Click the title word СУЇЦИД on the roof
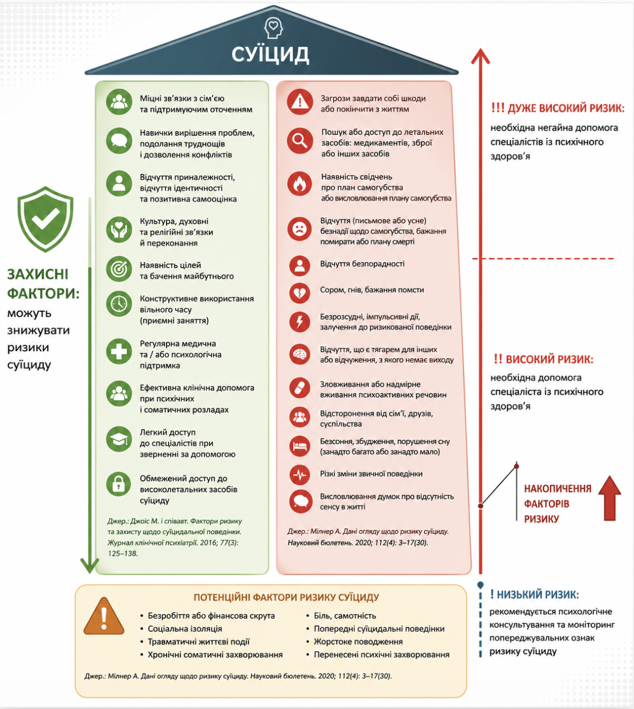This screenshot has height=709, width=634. point(270,54)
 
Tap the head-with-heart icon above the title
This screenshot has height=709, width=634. point(273,28)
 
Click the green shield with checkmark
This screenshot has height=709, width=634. point(45,219)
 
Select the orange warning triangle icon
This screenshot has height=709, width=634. point(104,616)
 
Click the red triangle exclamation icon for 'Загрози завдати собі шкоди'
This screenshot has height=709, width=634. point(300,102)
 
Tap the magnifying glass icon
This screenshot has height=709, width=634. point(300,141)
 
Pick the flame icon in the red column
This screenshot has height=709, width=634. point(300,183)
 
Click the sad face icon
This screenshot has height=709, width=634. point(300,229)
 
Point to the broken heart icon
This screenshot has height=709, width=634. point(300,294)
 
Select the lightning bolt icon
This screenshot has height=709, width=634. point(300,322)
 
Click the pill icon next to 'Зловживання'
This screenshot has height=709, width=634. point(300,388)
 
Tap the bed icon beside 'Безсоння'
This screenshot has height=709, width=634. point(300,446)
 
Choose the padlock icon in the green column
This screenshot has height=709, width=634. point(119,485)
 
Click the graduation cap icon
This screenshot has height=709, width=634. point(119,439)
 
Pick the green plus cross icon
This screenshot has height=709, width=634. point(119,352)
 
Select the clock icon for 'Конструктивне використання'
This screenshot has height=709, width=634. point(119,303)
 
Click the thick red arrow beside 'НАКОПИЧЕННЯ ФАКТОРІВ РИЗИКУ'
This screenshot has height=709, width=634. point(610,499)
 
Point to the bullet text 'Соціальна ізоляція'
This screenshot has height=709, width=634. point(184,629)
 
